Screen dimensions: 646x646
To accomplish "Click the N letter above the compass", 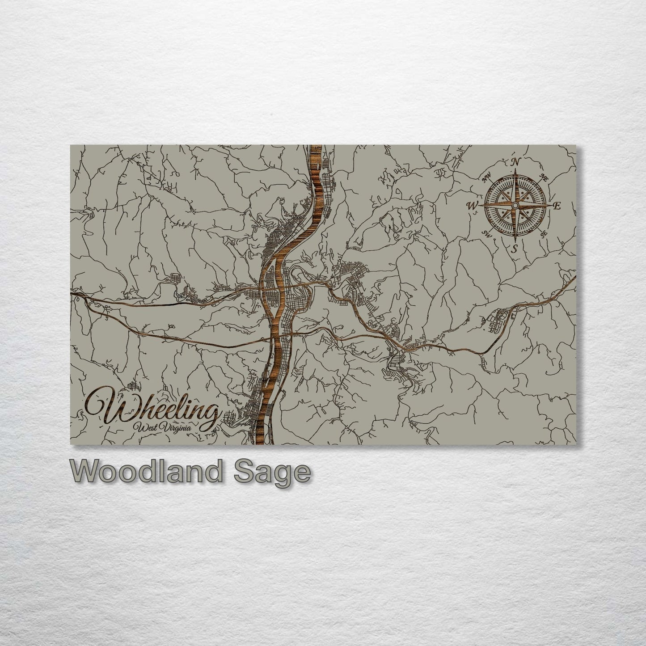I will pos(516,162).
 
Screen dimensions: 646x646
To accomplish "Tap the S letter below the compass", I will pos(515,248).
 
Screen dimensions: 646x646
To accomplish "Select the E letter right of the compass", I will pos(557,206).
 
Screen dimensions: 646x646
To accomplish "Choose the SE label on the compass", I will pos(544,233).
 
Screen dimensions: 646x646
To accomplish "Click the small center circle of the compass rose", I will pos(515,205).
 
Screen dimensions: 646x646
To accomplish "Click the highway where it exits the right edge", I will pos(574,278).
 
